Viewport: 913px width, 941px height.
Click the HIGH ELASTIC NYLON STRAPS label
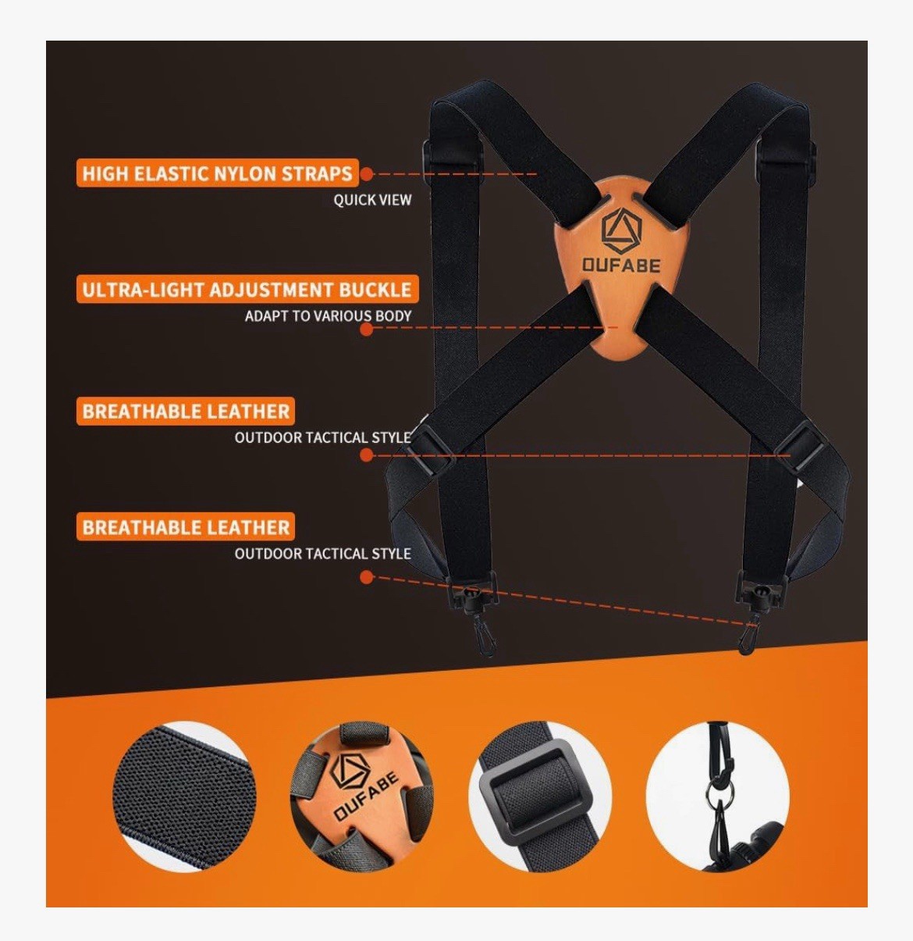point(218,173)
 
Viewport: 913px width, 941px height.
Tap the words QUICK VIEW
point(372,200)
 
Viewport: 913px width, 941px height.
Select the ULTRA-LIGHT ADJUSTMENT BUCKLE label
point(247,289)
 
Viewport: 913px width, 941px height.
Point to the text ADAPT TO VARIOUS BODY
point(329,315)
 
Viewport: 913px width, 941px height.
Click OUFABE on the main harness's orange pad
point(620,265)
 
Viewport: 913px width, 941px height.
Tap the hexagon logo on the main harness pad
point(621,230)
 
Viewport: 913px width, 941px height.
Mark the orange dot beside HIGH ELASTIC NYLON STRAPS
point(367,174)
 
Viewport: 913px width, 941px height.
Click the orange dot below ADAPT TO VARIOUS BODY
point(367,329)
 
